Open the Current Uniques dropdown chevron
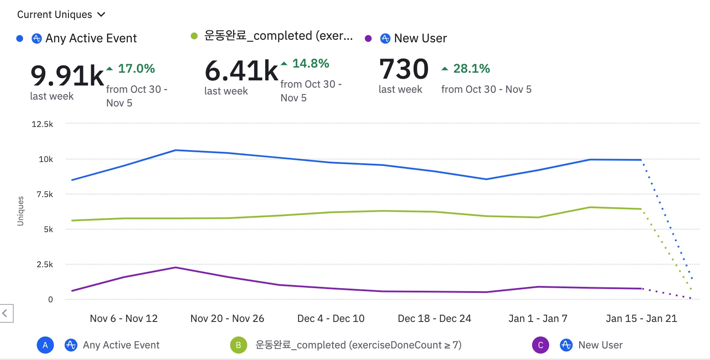101,15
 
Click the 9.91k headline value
67,76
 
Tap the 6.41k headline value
241,71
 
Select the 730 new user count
404,69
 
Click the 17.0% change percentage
136,68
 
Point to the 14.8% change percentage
311,63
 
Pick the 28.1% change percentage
471,68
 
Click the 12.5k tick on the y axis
42,124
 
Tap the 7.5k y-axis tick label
44,194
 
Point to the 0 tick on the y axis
50,299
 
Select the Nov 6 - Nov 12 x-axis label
124,319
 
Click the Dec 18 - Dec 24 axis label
434,319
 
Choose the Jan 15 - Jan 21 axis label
641,319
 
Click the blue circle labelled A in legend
45,345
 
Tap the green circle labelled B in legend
238,345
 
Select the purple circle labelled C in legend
540,345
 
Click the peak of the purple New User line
176,268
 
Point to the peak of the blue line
176,150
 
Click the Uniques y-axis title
20,211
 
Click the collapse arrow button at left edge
5,313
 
